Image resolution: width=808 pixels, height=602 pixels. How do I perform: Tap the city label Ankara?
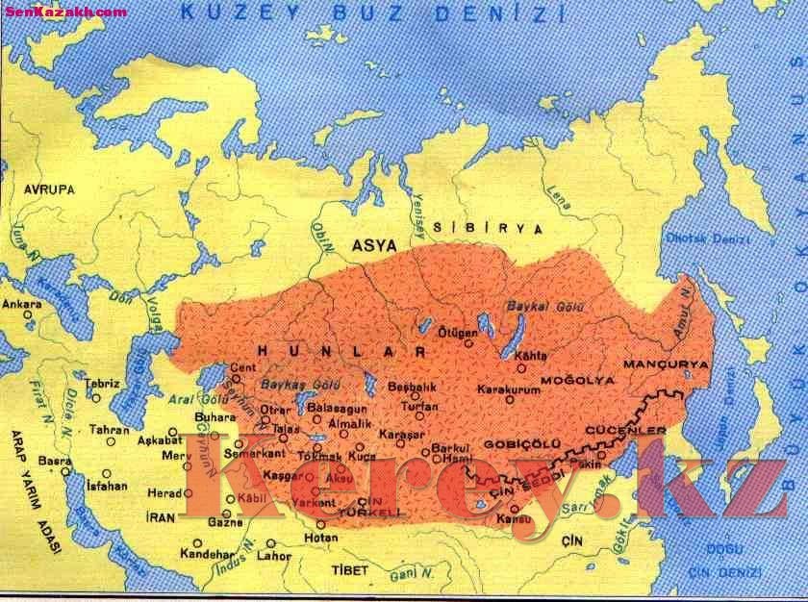click(23, 304)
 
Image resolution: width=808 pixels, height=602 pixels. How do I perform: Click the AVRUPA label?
click(50, 189)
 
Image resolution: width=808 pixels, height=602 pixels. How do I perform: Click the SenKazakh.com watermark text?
click(64, 11)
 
